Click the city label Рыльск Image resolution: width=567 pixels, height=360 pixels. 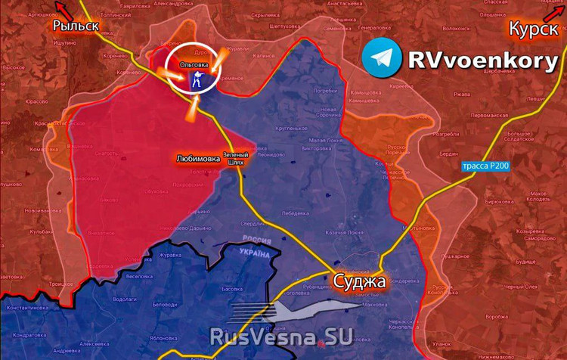tap(76, 26)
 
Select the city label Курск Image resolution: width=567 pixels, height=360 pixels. tap(534, 29)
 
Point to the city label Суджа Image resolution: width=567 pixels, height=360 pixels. tap(360, 282)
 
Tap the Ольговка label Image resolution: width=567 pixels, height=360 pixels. tap(194, 66)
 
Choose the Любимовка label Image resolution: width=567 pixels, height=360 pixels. tap(198, 159)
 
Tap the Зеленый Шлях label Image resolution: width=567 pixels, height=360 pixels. tap(235, 159)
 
